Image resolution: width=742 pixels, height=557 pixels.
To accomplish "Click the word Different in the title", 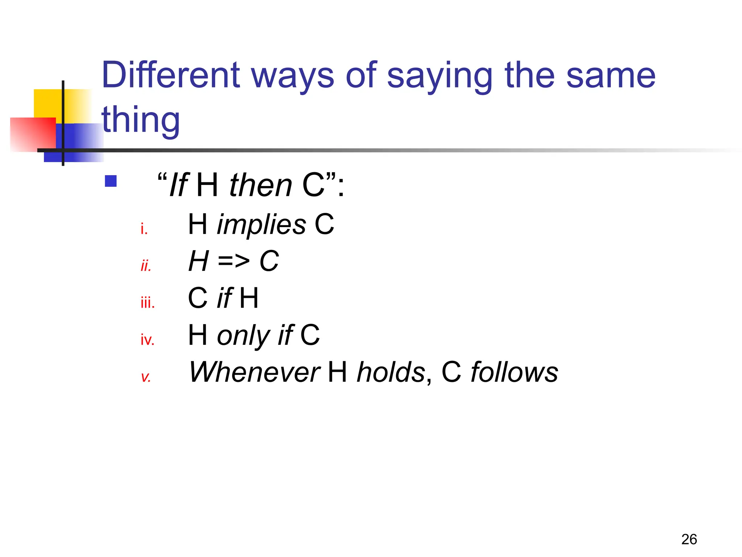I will click(171, 75).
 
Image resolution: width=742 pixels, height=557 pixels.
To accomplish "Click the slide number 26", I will click(689, 539).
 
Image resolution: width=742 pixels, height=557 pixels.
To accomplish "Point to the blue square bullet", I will click(111, 181).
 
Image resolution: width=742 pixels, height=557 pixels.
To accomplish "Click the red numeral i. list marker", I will click(144, 229).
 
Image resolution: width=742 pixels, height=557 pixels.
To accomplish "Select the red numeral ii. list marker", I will click(146, 266).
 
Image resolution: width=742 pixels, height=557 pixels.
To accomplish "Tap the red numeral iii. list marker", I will click(147, 302).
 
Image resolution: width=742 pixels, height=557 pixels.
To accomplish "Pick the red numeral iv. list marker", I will click(147, 340).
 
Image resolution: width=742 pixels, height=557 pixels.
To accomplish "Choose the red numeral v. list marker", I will click(146, 377).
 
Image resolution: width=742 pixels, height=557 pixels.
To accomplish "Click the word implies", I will click(261, 225).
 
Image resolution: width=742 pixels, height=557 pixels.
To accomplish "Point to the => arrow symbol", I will click(234, 261).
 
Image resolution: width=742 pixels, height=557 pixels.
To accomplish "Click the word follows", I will click(514, 372).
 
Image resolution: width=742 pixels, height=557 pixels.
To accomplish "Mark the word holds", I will click(391, 372).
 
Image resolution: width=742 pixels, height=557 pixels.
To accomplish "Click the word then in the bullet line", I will click(260, 185).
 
